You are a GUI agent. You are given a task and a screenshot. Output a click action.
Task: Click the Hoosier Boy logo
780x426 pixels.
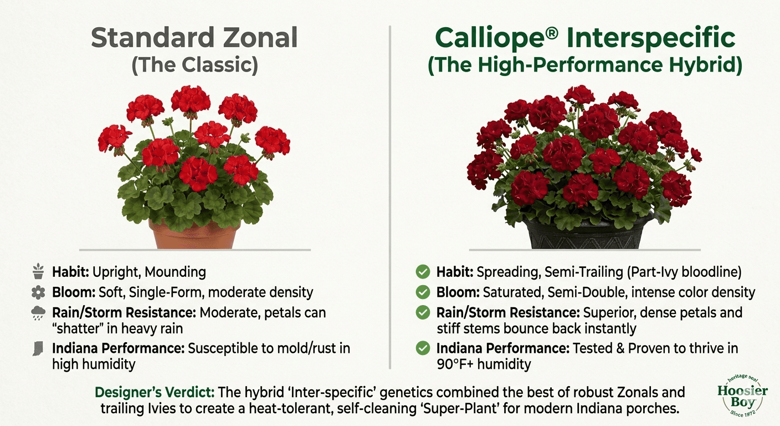pos(742,394)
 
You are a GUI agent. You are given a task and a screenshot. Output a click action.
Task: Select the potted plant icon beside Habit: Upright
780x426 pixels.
pos(38,272)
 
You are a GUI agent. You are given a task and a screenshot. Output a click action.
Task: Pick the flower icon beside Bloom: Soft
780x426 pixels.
pos(38,292)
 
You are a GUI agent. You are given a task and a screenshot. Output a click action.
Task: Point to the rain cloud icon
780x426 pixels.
pos(38,313)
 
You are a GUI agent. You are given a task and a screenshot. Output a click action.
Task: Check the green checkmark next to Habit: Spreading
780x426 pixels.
pos(423,272)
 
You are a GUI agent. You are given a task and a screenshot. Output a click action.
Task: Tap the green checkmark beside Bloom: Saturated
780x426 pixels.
pos(423,292)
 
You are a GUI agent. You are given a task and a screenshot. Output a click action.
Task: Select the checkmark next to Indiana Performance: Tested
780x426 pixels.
pos(423,349)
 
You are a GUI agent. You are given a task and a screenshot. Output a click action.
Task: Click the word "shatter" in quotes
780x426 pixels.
pos(75,328)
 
